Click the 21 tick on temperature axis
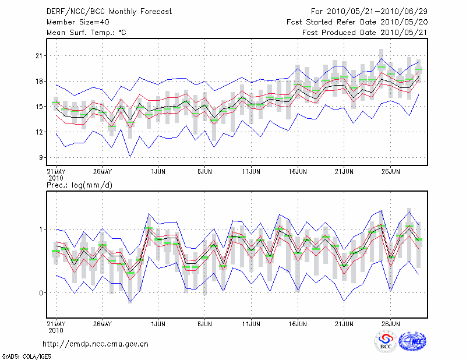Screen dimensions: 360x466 (x=40, y=55)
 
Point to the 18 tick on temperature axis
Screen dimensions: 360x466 (x=40, y=81)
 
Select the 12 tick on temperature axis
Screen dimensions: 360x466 (x=40, y=132)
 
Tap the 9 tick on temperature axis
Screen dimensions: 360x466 (x=41, y=157)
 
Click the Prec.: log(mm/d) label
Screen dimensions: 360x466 (x=79, y=185)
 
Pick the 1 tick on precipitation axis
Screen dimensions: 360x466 (x=41, y=229)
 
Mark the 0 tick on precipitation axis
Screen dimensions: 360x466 (x=41, y=292)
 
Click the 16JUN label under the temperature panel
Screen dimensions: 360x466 (x=298, y=172)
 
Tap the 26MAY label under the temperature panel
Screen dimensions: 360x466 (x=102, y=172)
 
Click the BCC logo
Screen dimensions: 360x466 (x=386, y=341)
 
